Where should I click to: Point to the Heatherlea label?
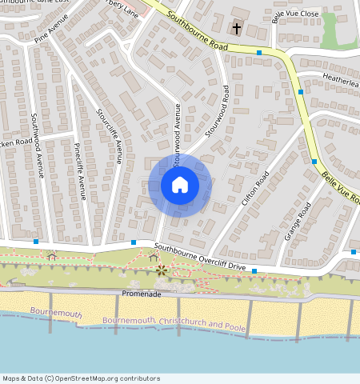pos(341,78)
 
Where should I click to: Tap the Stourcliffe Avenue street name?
pos(110,135)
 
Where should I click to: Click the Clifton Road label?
pos(255,186)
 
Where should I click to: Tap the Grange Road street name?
pos(298,222)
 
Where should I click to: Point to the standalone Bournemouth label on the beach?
pos(56,312)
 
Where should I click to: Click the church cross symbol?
pos(236,29)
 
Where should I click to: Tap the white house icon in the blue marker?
pos(180,185)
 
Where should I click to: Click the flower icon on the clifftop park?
pos(162,271)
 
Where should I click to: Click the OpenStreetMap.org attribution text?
pos(80,378)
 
